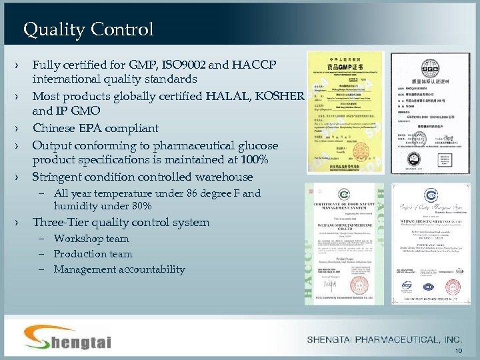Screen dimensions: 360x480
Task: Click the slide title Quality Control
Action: [88, 29]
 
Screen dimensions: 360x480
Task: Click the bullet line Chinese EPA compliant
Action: [95, 128]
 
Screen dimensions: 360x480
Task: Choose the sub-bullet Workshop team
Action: [91, 239]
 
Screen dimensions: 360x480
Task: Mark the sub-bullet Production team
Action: [93, 254]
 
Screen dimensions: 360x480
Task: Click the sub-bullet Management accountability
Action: [119, 269]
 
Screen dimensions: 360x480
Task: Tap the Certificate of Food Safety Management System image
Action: [345, 243]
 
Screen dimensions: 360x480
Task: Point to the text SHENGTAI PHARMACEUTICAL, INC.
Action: [384, 340]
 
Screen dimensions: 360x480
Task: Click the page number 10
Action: [458, 351]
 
